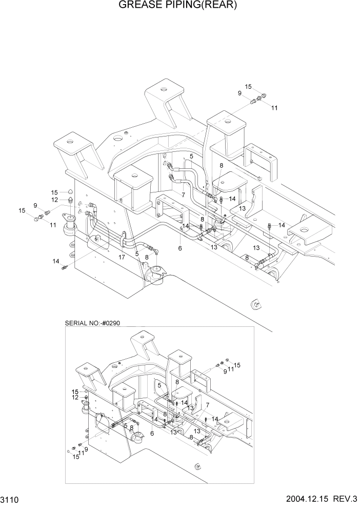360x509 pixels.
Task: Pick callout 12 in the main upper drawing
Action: pyautogui.click(x=54, y=200)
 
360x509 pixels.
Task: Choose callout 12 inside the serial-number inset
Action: pyautogui.click(x=75, y=397)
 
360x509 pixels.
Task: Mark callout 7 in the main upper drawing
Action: pyautogui.click(x=183, y=195)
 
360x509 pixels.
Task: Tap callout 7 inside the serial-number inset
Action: pyautogui.click(x=208, y=405)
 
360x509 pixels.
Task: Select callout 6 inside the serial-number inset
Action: pyautogui.click(x=152, y=434)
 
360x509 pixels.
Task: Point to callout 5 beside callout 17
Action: pyautogui.click(x=137, y=253)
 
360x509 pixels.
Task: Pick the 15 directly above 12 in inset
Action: pyautogui.click(x=75, y=391)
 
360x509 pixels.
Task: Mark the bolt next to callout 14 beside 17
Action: pyautogui.click(x=65, y=267)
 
